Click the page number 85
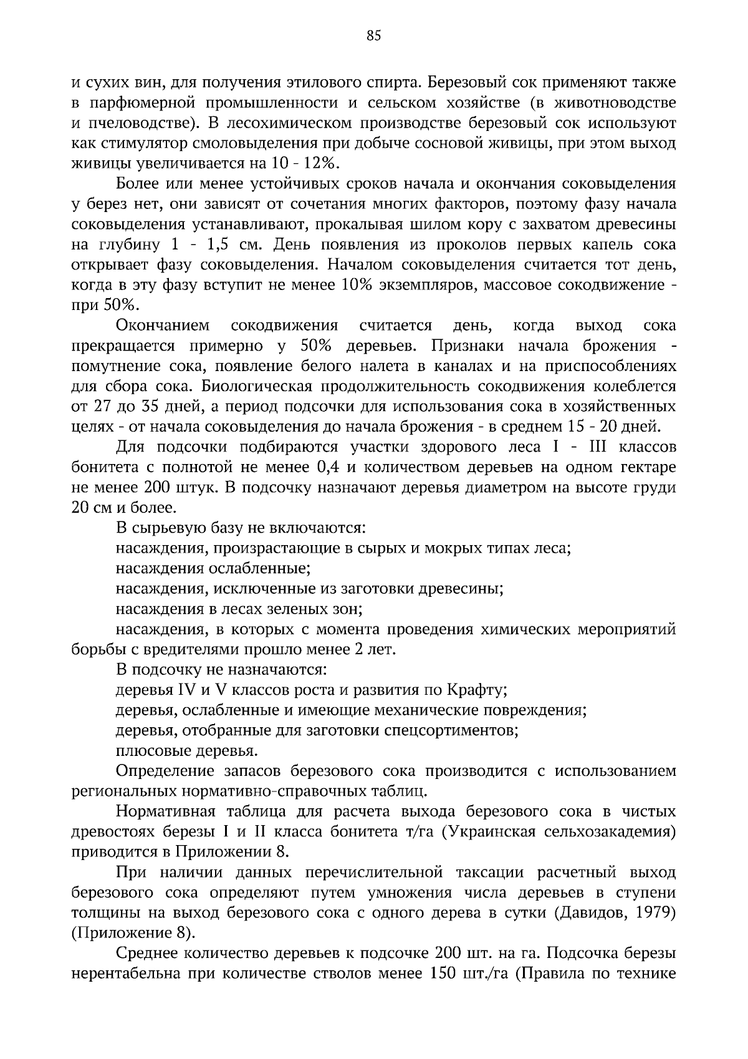click(373, 36)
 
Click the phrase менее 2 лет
click(350, 650)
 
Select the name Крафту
click(477, 690)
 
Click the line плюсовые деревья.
click(187, 751)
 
